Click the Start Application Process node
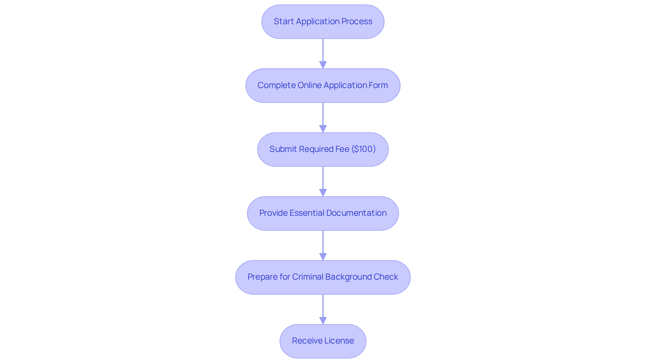pyautogui.click(x=323, y=22)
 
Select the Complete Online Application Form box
pyautogui.click(x=323, y=85)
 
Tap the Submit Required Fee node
pyautogui.click(x=323, y=149)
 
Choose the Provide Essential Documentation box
pyautogui.click(x=323, y=213)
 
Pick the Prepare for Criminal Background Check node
pyautogui.click(x=323, y=277)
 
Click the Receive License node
pyautogui.click(x=323, y=341)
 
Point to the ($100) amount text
pyautogui.click(x=363, y=149)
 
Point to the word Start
pyautogui.click(x=284, y=21)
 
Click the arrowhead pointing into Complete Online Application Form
pyautogui.click(x=323, y=65)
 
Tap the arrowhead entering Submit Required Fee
pyautogui.click(x=323, y=129)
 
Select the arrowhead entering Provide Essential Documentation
pyautogui.click(x=323, y=193)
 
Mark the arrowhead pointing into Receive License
pyautogui.click(x=323, y=320)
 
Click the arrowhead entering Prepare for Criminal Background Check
pyautogui.click(x=323, y=256)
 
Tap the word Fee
pyautogui.click(x=342, y=149)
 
